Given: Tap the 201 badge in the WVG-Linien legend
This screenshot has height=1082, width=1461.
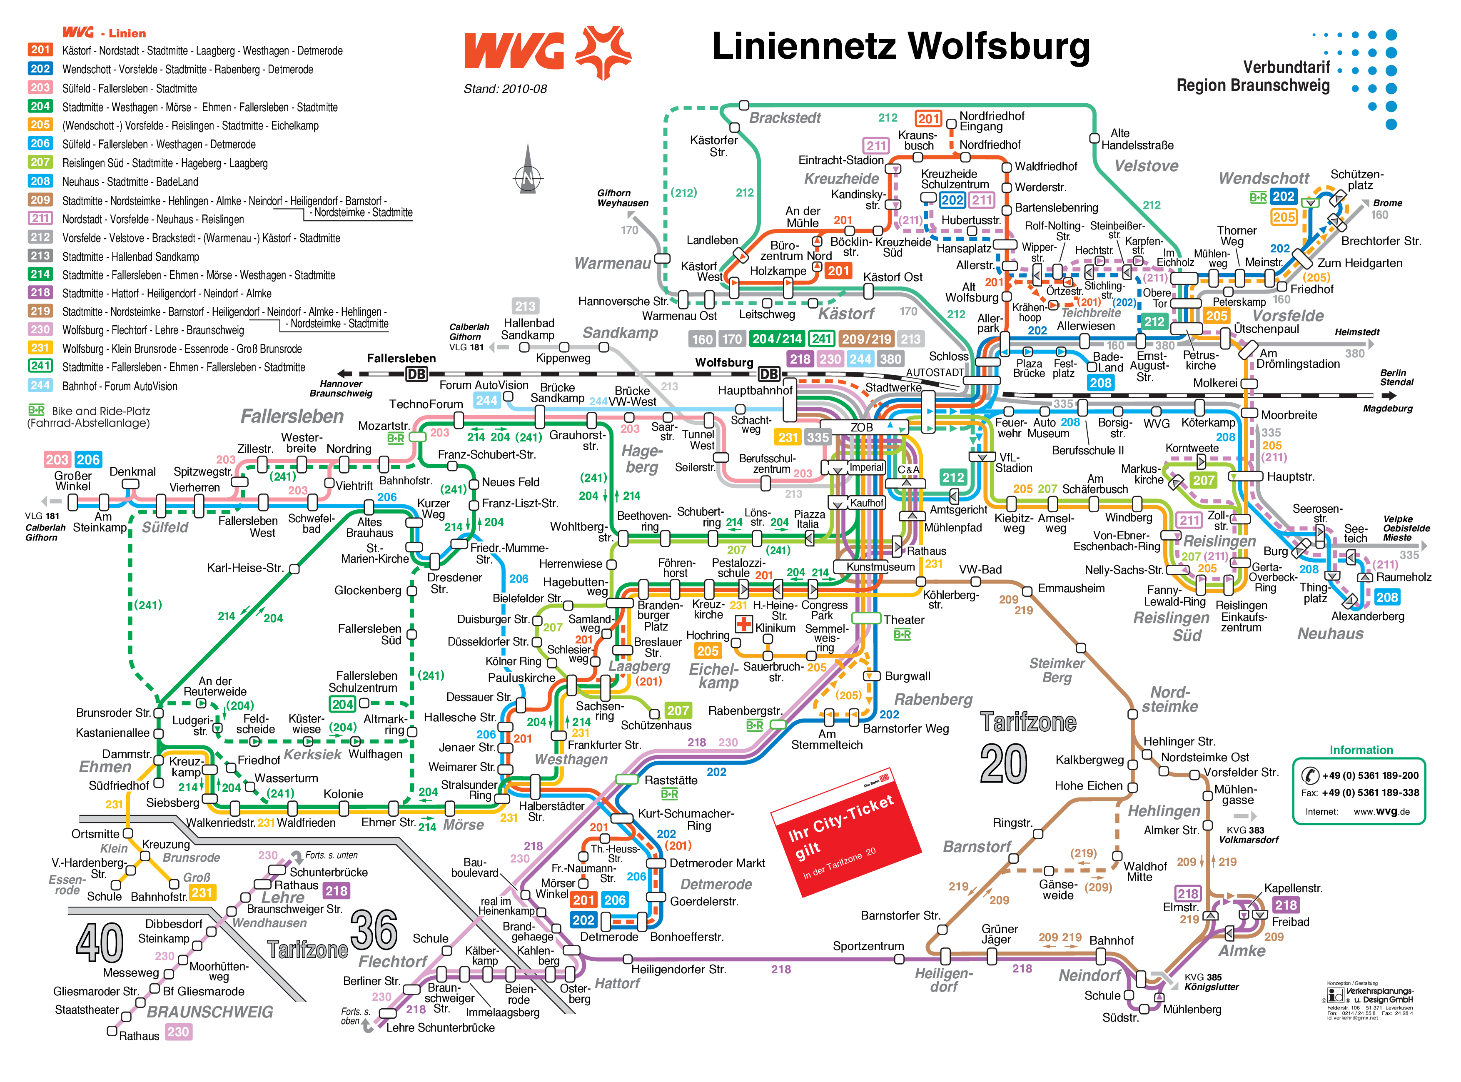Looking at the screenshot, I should click(x=40, y=50).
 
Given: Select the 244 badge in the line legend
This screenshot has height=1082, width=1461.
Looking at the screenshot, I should click(x=40, y=386).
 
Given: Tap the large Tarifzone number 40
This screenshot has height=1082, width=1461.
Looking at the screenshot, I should click(x=100, y=943).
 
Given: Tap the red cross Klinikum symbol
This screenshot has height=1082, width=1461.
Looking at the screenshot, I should click(x=744, y=623).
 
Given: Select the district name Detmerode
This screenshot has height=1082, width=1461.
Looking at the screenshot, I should click(x=716, y=884).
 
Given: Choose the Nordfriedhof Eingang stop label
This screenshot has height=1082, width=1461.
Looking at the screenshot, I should click(x=991, y=121).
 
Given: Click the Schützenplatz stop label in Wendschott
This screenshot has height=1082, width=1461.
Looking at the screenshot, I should click(x=1356, y=180).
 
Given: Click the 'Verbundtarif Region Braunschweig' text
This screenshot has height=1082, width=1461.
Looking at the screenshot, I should click(x=1253, y=77).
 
